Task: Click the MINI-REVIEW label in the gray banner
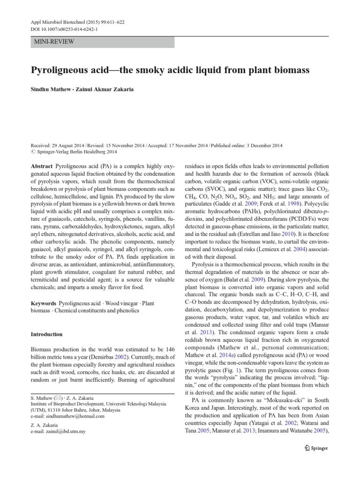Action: [54, 42]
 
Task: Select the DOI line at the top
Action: [59, 30]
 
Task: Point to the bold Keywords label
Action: [44, 304]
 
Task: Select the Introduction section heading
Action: [46, 334]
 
